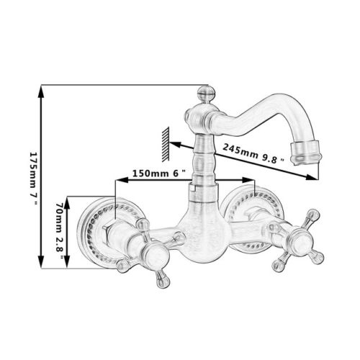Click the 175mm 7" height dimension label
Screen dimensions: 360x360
33,178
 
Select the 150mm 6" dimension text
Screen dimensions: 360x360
159,173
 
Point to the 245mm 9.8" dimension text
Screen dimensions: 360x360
254,153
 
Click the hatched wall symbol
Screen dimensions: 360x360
166,144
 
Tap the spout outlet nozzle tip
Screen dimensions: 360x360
305,153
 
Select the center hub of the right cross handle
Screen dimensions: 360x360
300,241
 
